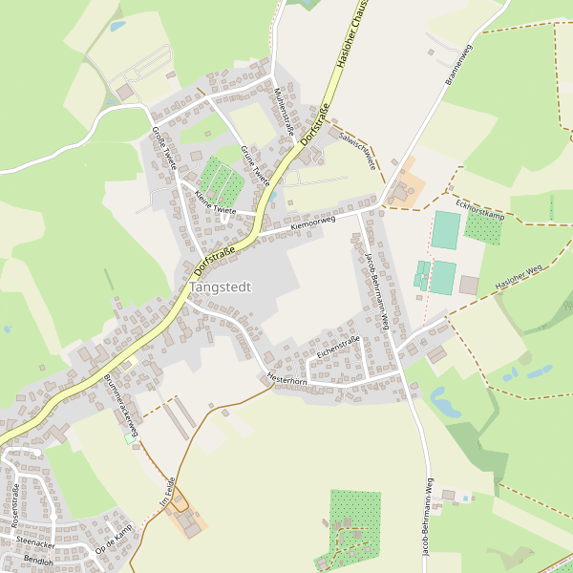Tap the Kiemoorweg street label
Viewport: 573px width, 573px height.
coord(313,222)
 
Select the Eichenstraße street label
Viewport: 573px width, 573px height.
coord(337,347)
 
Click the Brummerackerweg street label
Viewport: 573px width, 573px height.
coord(120,404)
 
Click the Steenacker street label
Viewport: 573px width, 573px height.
coord(35,542)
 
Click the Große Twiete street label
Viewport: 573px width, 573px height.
coord(164,148)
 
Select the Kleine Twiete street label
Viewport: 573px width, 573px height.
coord(215,201)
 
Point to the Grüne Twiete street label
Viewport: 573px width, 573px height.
coord(256,164)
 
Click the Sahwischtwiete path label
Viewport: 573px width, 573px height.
coord(357,150)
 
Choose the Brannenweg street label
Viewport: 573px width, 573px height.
coord(459,65)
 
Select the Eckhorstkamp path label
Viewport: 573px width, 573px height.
coord(479,210)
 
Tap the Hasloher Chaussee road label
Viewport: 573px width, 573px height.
coord(350,33)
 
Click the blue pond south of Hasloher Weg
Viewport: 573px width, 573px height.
coord(444,401)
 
